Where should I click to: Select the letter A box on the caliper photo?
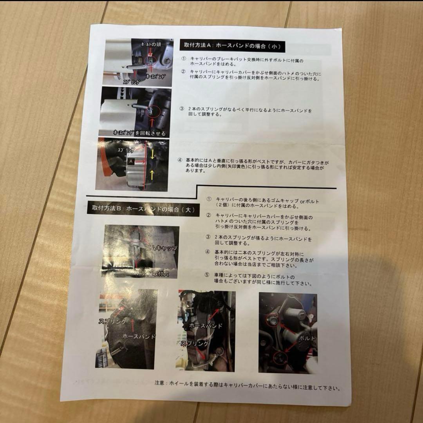tap(131, 161)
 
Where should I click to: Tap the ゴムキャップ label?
tap(161, 248)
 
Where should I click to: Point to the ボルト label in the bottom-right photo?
tap(306, 337)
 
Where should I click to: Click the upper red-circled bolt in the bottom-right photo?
tap(270, 320)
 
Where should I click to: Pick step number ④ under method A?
tap(180, 160)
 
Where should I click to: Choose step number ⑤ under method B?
tap(208, 275)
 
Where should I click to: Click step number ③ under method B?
tap(208, 237)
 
